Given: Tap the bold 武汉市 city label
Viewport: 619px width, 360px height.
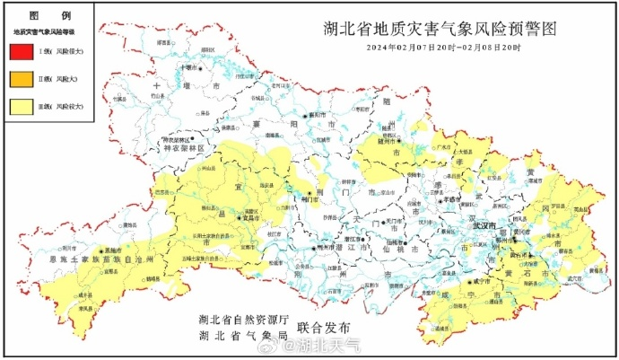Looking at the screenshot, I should coord(484,228).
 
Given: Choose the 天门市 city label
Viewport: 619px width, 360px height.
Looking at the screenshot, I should coord(396,221).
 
